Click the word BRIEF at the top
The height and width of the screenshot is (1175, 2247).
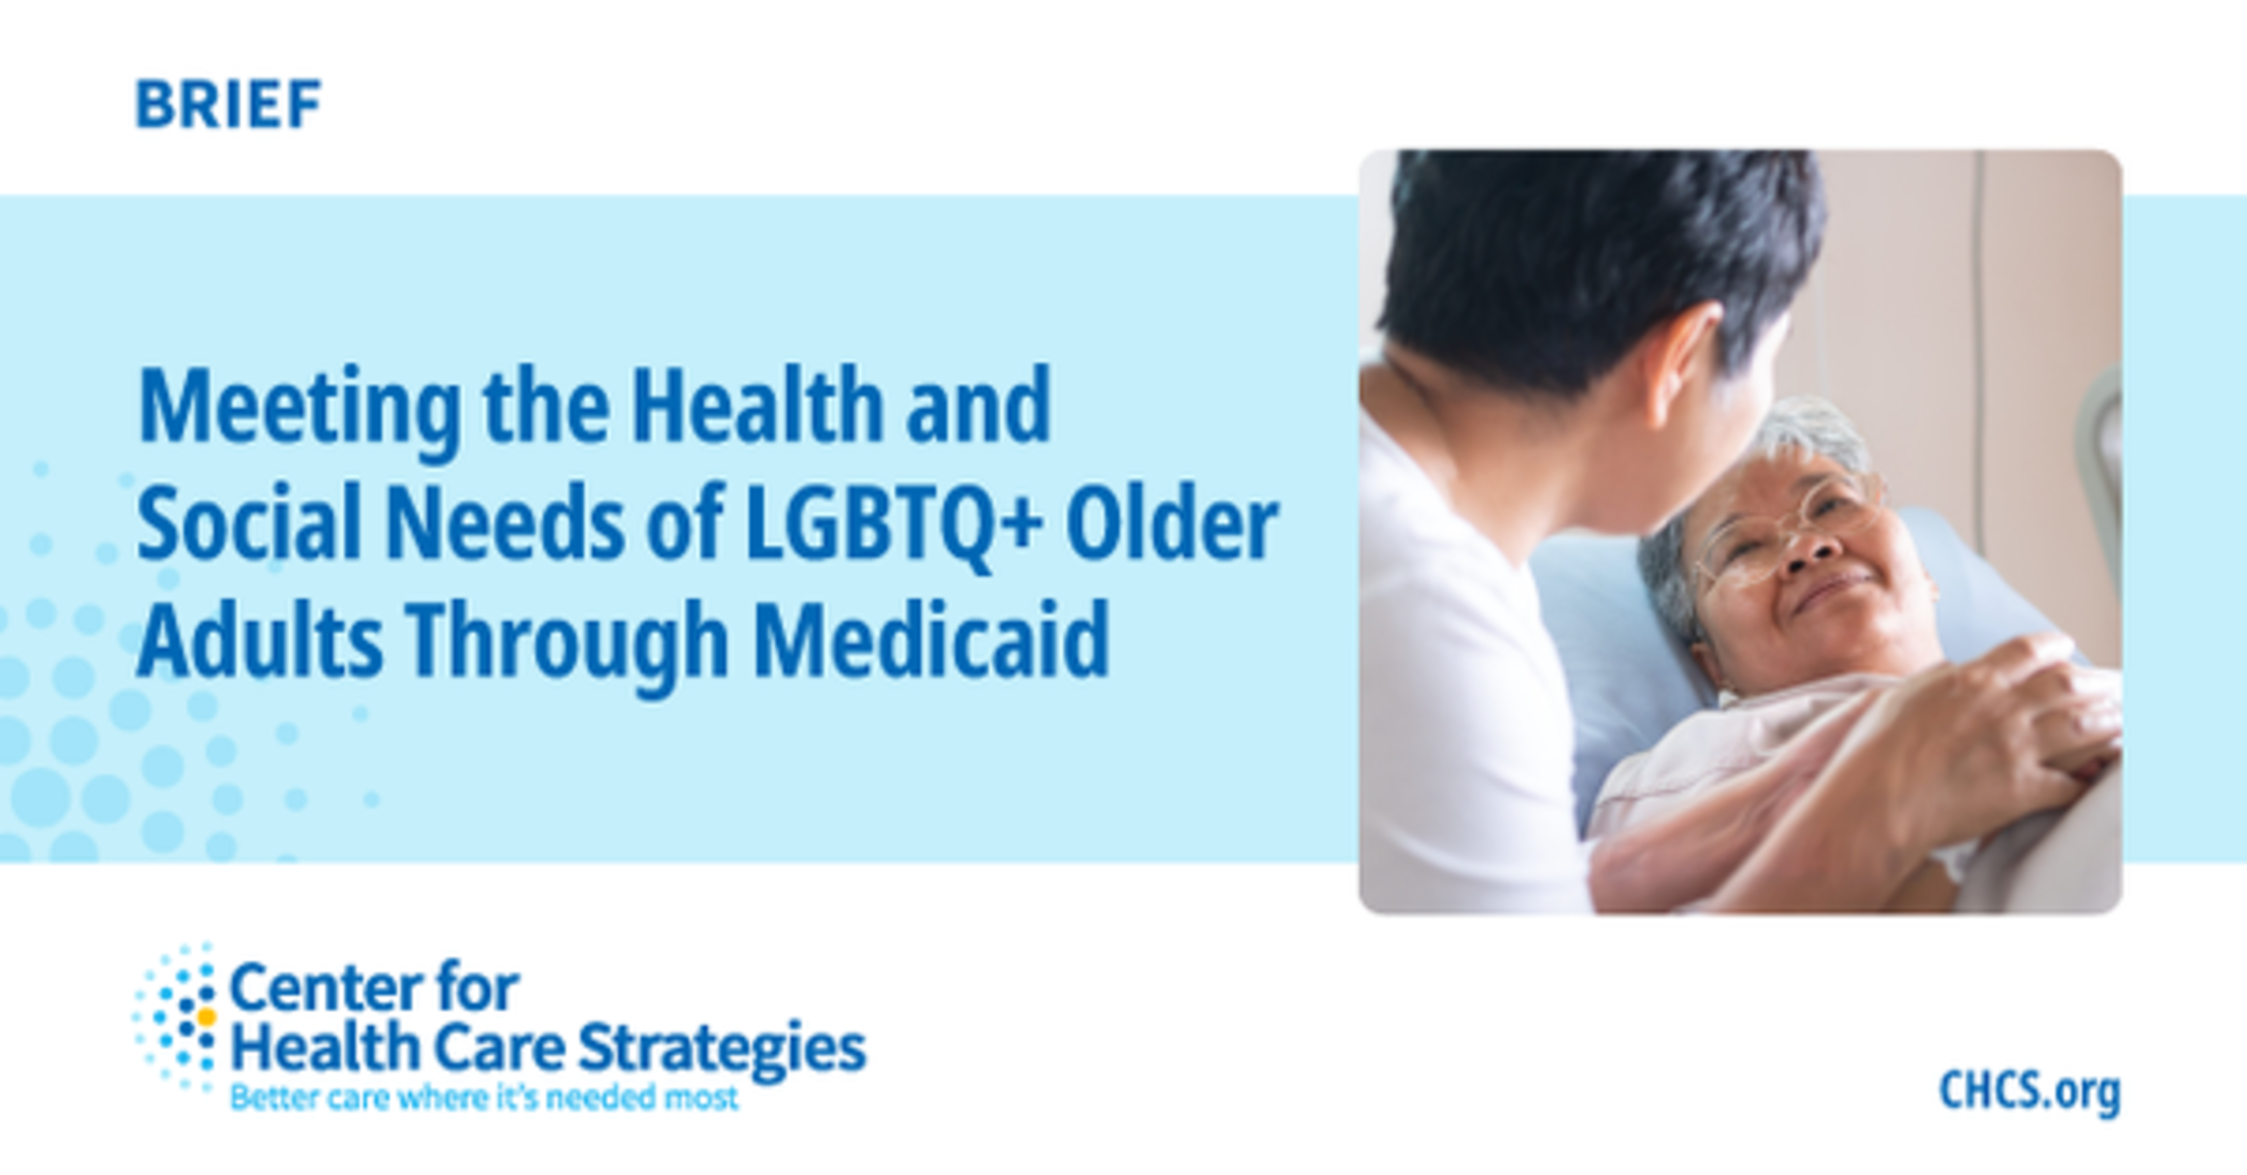coord(228,104)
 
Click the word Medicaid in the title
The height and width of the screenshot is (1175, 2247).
coord(931,640)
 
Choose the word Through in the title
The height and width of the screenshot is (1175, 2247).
coord(567,644)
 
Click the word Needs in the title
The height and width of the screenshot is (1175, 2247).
coord(505,522)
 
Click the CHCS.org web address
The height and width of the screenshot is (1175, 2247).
coord(2030,1091)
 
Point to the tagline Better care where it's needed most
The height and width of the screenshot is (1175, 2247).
coord(484,1097)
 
